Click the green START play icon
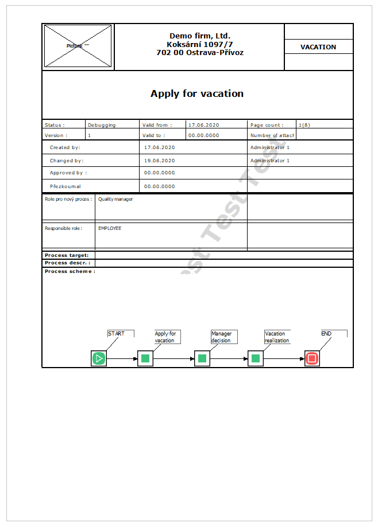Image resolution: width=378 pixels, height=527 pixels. [x=99, y=359]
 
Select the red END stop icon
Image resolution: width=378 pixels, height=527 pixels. [x=312, y=359]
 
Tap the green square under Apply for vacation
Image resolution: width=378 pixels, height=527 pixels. [x=145, y=359]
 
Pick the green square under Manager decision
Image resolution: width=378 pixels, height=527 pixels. [x=202, y=359]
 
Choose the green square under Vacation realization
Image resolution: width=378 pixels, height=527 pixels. [x=256, y=359]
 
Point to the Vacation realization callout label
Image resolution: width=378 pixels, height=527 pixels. [x=276, y=337]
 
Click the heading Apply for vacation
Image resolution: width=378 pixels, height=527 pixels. [x=197, y=93]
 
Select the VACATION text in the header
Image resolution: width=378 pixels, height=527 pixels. [x=318, y=47]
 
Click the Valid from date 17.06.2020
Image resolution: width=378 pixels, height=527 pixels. [x=203, y=124]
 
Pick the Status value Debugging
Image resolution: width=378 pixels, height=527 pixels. [x=102, y=124]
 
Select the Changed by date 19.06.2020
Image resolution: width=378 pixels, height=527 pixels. [x=160, y=161]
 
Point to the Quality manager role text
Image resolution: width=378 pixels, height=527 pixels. [x=115, y=200]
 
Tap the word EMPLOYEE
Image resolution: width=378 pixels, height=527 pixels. [x=110, y=228]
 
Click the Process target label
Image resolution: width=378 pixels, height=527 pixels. [x=67, y=255]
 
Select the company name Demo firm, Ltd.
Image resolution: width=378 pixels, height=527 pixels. [x=200, y=36]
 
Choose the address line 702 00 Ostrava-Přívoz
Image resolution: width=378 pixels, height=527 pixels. [x=200, y=52]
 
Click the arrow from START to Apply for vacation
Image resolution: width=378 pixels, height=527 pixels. [x=122, y=360]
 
